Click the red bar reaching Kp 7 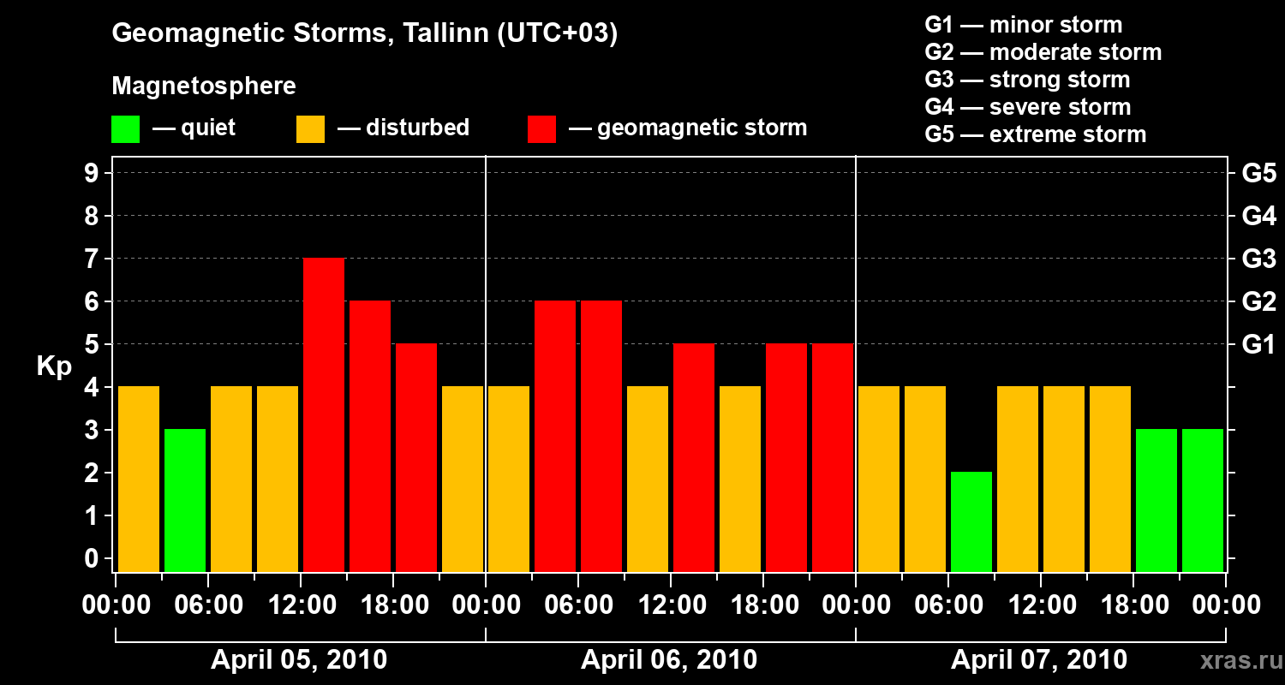click(x=324, y=414)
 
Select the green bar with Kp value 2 click(x=971, y=521)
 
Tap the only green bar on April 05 click(x=185, y=500)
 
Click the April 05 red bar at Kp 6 click(x=370, y=436)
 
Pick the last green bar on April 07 click(x=1203, y=500)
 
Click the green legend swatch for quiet click(x=125, y=129)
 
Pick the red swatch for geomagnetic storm click(x=542, y=129)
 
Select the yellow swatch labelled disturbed click(x=310, y=129)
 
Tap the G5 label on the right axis click(x=1258, y=173)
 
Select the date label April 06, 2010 click(x=669, y=660)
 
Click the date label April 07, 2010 click(x=1039, y=660)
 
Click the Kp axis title click(x=54, y=366)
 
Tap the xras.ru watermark click(x=1234, y=660)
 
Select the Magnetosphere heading click(x=204, y=86)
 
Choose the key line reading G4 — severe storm click(x=1028, y=107)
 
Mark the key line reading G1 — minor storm click(x=1024, y=25)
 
